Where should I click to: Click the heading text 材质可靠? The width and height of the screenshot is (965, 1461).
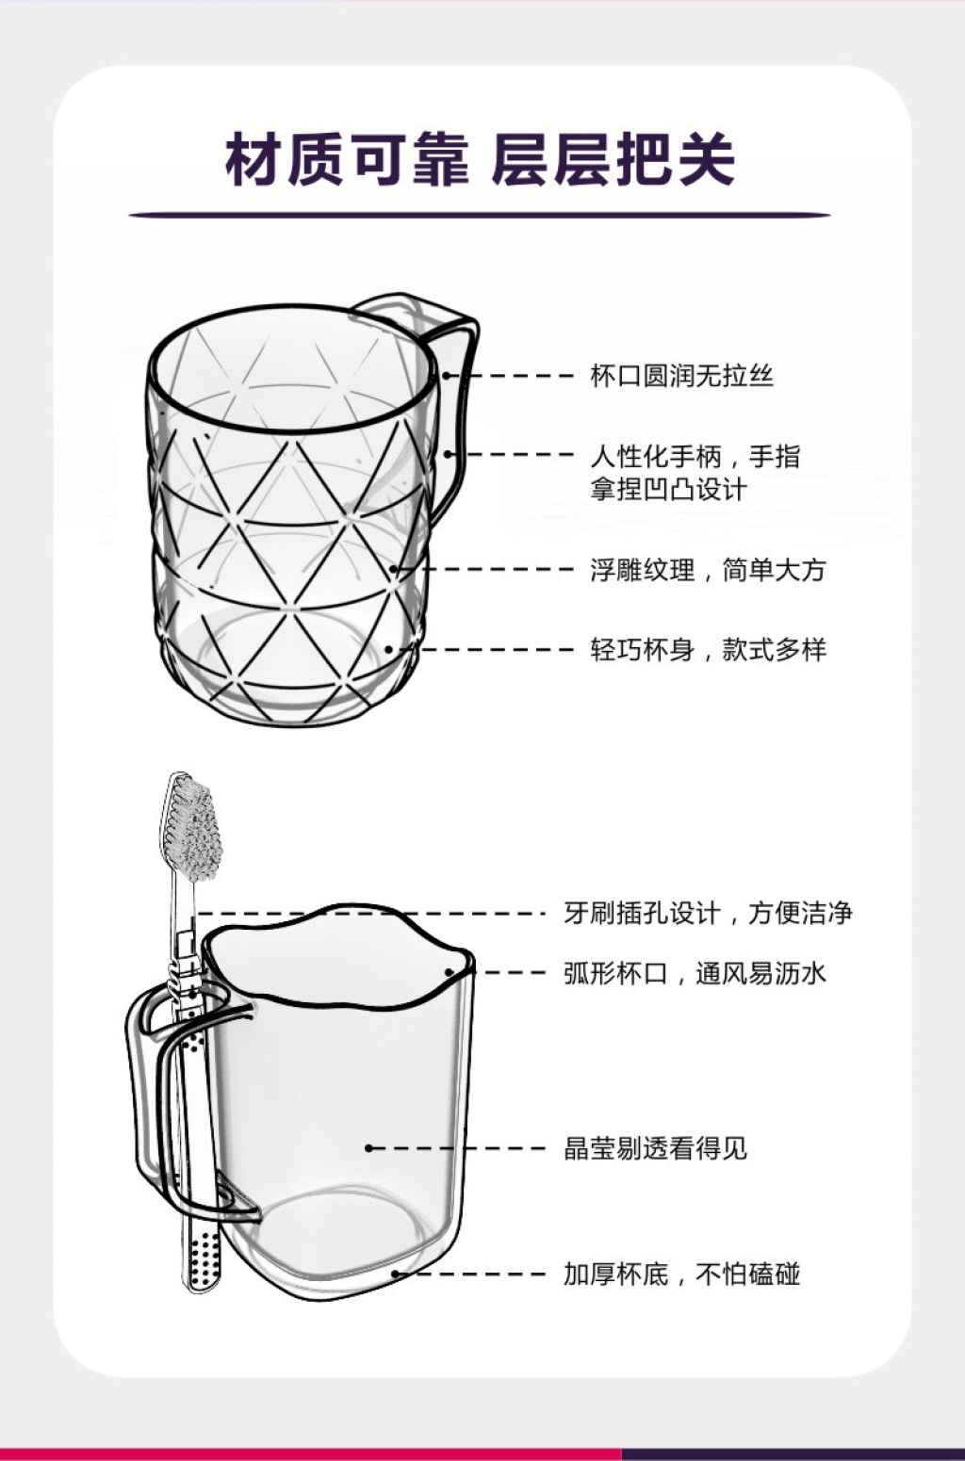(347, 159)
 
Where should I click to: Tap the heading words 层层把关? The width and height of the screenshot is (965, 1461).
(613, 159)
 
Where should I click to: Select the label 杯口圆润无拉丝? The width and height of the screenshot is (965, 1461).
(682, 377)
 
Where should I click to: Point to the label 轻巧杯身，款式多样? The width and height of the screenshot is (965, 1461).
(708, 650)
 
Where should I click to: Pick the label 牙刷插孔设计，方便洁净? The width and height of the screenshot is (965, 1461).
(708, 913)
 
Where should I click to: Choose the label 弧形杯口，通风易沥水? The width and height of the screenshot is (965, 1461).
(695, 973)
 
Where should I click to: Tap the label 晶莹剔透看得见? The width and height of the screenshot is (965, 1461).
(656, 1148)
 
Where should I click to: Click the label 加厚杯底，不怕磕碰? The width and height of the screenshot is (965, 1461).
(682, 1274)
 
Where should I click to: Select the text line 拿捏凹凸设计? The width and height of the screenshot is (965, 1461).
(668, 489)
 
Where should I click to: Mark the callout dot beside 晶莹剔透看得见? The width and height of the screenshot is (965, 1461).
(368, 1148)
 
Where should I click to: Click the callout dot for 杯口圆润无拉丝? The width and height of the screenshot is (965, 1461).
(447, 376)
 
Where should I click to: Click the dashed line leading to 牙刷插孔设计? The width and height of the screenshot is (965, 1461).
(370, 913)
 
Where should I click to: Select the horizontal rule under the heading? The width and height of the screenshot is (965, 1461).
(480, 215)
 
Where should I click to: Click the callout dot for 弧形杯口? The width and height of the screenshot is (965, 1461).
(450, 972)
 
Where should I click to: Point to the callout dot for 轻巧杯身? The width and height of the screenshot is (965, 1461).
(389, 649)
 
